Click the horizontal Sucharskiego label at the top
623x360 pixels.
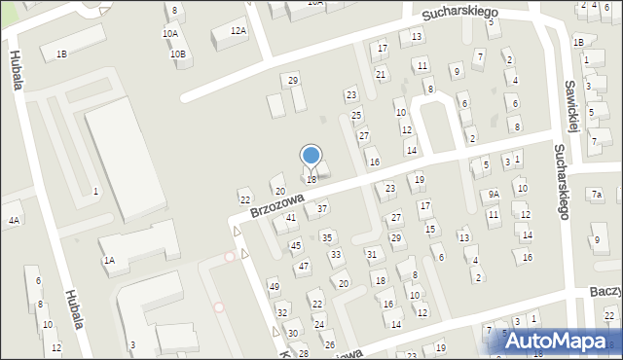click(x=459, y=12)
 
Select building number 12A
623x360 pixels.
click(x=238, y=31)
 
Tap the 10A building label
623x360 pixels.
click(x=169, y=33)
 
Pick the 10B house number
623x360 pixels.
click(x=178, y=54)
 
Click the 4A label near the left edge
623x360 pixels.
click(x=14, y=221)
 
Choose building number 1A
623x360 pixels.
click(x=109, y=260)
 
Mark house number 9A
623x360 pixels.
click(x=494, y=195)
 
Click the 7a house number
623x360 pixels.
click(x=596, y=195)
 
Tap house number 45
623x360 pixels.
click(x=296, y=246)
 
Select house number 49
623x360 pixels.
click(x=275, y=286)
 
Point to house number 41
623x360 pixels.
click(x=291, y=218)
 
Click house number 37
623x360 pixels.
click(x=322, y=208)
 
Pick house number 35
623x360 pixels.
click(x=328, y=237)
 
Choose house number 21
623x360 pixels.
click(x=381, y=74)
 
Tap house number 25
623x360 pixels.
click(x=356, y=115)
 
